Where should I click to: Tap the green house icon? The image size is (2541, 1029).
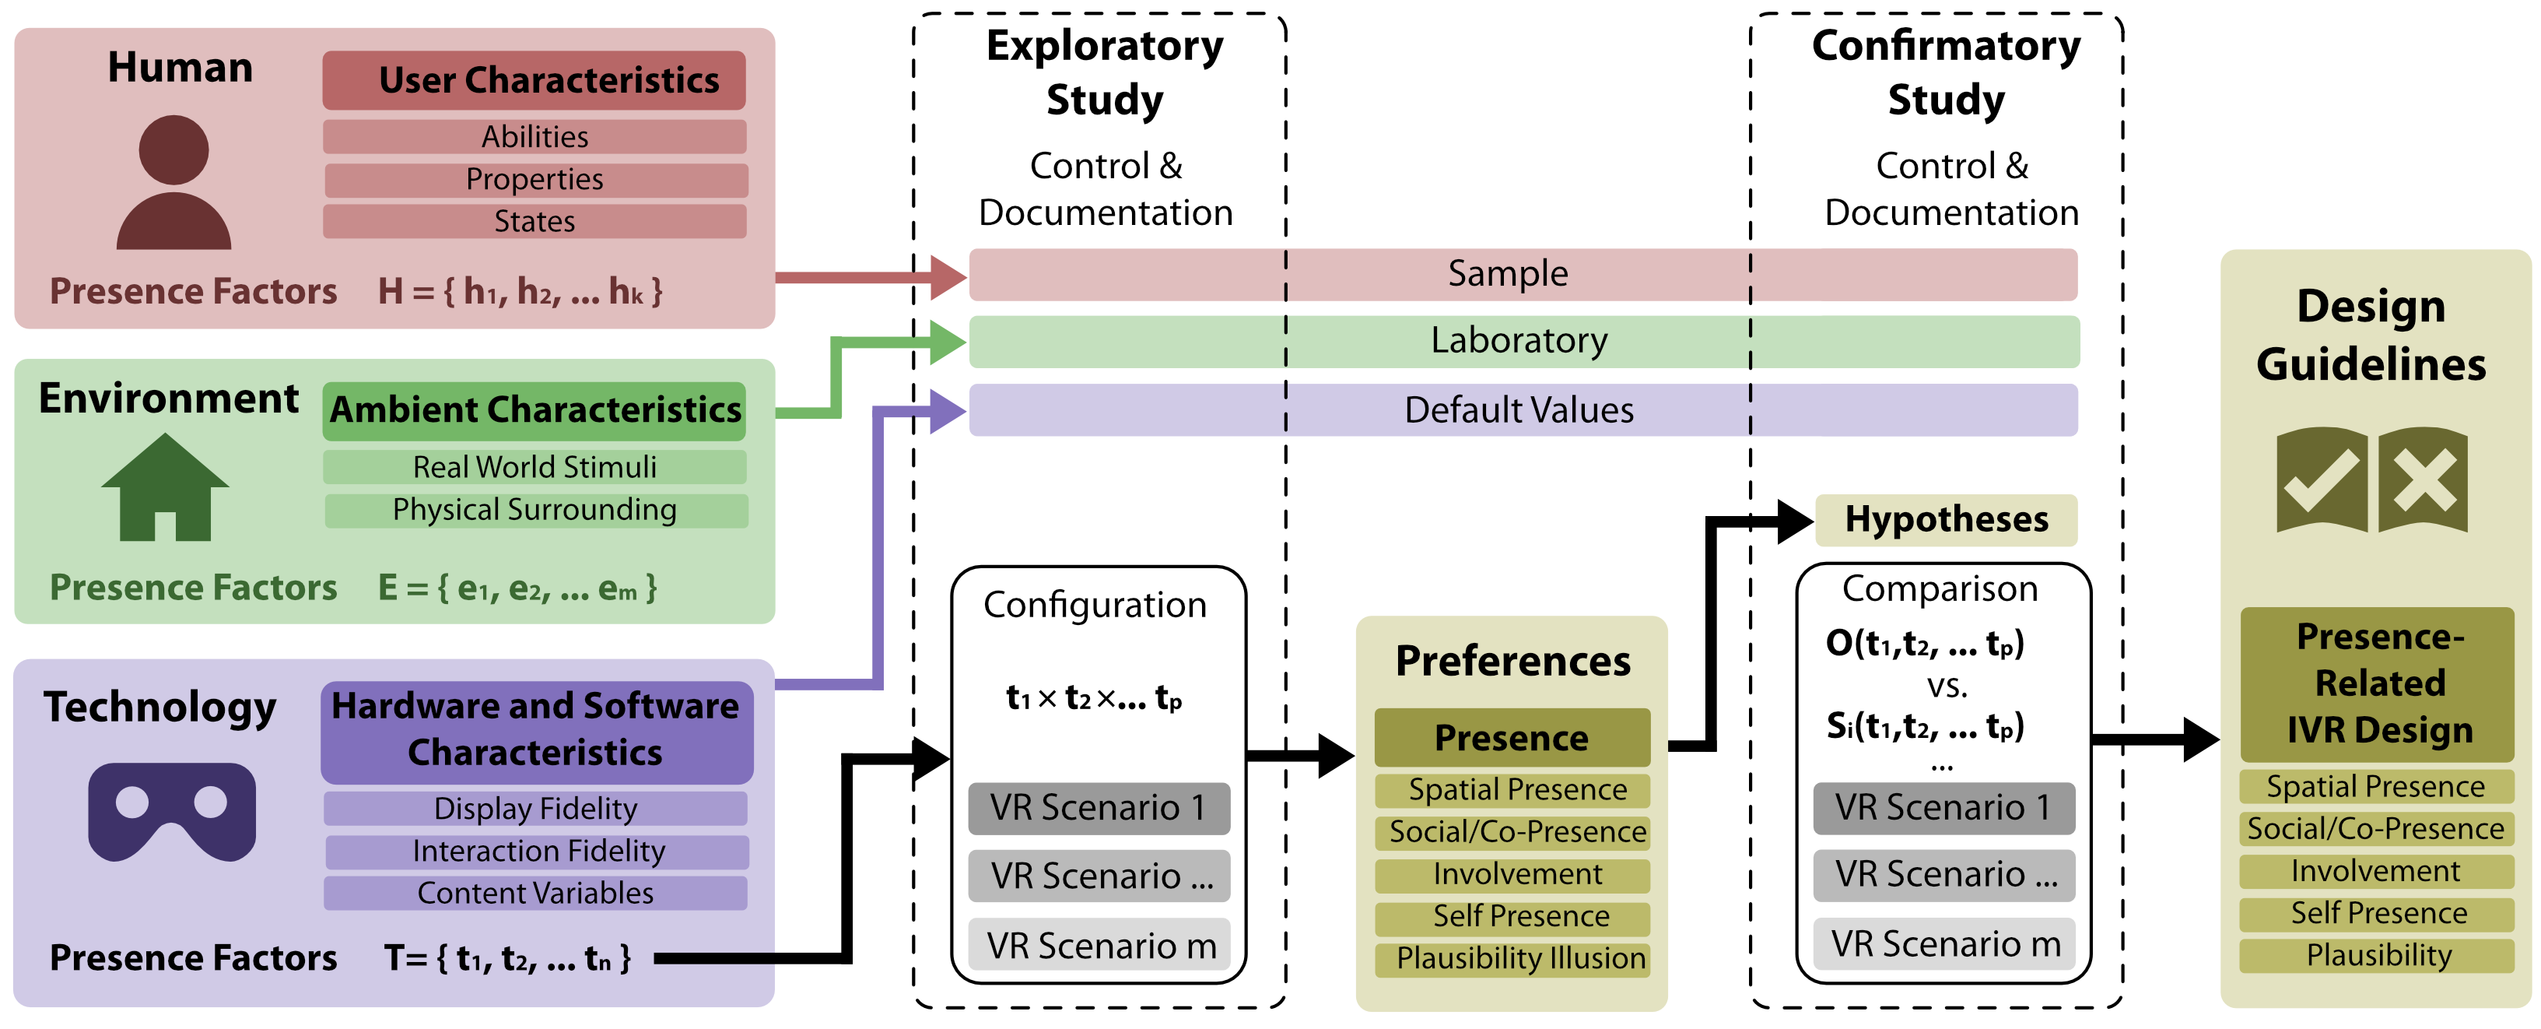pyautogui.click(x=166, y=490)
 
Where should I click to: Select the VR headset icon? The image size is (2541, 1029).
pyautogui.click(x=172, y=811)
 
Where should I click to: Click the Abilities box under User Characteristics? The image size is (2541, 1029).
pyautogui.click(x=534, y=137)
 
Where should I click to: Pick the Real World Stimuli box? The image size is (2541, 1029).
pyautogui.click(x=534, y=467)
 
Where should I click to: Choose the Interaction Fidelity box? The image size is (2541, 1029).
pyautogui.click(x=538, y=851)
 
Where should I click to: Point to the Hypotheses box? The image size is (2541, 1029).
pyautogui.click(x=1945, y=520)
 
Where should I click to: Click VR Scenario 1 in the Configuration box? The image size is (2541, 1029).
pyautogui.click(x=1099, y=808)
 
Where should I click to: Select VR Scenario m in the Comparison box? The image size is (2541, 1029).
pyautogui.click(x=1944, y=944)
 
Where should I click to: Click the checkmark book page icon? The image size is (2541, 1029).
pyautogui.click(x=2321, y=480)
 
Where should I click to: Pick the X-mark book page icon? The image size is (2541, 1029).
pyautogui.click(x=2423, y=480)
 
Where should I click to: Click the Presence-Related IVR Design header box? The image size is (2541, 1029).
pyautogui.click(x=2378, y=683)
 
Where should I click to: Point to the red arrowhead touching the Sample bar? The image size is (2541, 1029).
pyautogui.click(x=947, y=277)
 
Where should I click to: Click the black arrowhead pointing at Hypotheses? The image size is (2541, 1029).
pyautogui.click(x=1794, y=521)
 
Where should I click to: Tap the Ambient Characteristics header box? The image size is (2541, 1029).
pyautogui.click(x=534, y=410)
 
